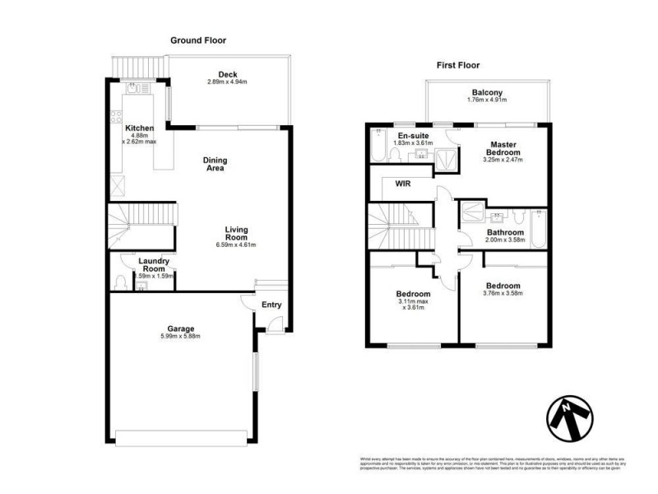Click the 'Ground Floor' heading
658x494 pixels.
pos(197,40)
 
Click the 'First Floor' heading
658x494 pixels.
pos(457,65)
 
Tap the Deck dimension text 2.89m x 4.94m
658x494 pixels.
pos(227,82)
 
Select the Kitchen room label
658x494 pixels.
pos(139,128)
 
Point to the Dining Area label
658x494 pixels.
pos(216,164)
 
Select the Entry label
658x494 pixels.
pos(271,305)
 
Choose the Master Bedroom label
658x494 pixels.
pos(503,148)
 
